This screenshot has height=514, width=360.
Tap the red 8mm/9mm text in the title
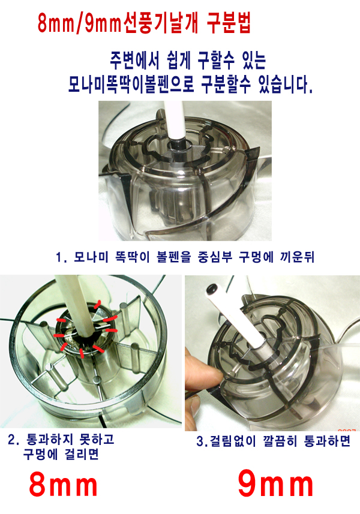(x=80, y=24)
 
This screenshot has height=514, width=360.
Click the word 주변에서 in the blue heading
(x=134, y=61)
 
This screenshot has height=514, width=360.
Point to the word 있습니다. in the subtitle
(x=285, y=85)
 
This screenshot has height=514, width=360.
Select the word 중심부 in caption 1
(x=215, y=257)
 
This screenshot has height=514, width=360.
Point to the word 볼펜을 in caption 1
(x=174, y=257)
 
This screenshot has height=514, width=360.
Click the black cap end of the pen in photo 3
(x=211, y=289)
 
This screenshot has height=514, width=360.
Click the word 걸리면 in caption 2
(x=82, y=455)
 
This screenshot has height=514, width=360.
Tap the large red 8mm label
(x=63, y=485)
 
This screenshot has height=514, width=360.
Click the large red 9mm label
(x=275, y=485)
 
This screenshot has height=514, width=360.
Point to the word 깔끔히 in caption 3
(x=280, y=441)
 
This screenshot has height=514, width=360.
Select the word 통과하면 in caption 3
(x=327, y=441)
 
